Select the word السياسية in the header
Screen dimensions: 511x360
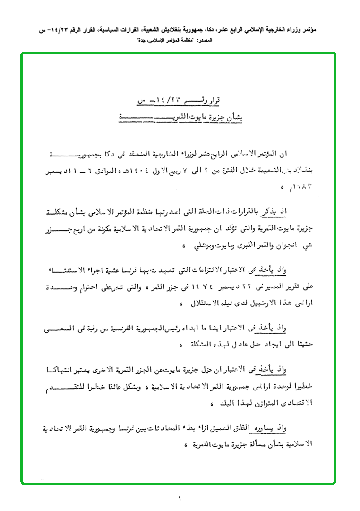click(101, 29)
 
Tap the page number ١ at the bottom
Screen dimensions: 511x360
click(180, 498)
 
